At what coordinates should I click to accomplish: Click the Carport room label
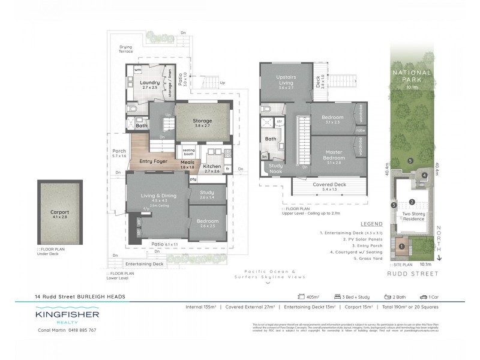[x=59, y=212]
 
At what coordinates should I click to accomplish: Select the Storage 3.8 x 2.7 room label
[x=202, y=121]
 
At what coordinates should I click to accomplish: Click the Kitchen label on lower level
[x=212, y=166]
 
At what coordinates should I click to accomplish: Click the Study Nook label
[x=275, y=169]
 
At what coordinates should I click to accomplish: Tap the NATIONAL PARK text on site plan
[x=412, y=76]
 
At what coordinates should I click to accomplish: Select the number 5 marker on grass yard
[x=410, y=161]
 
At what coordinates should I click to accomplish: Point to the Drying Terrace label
[x=126, y=49]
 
